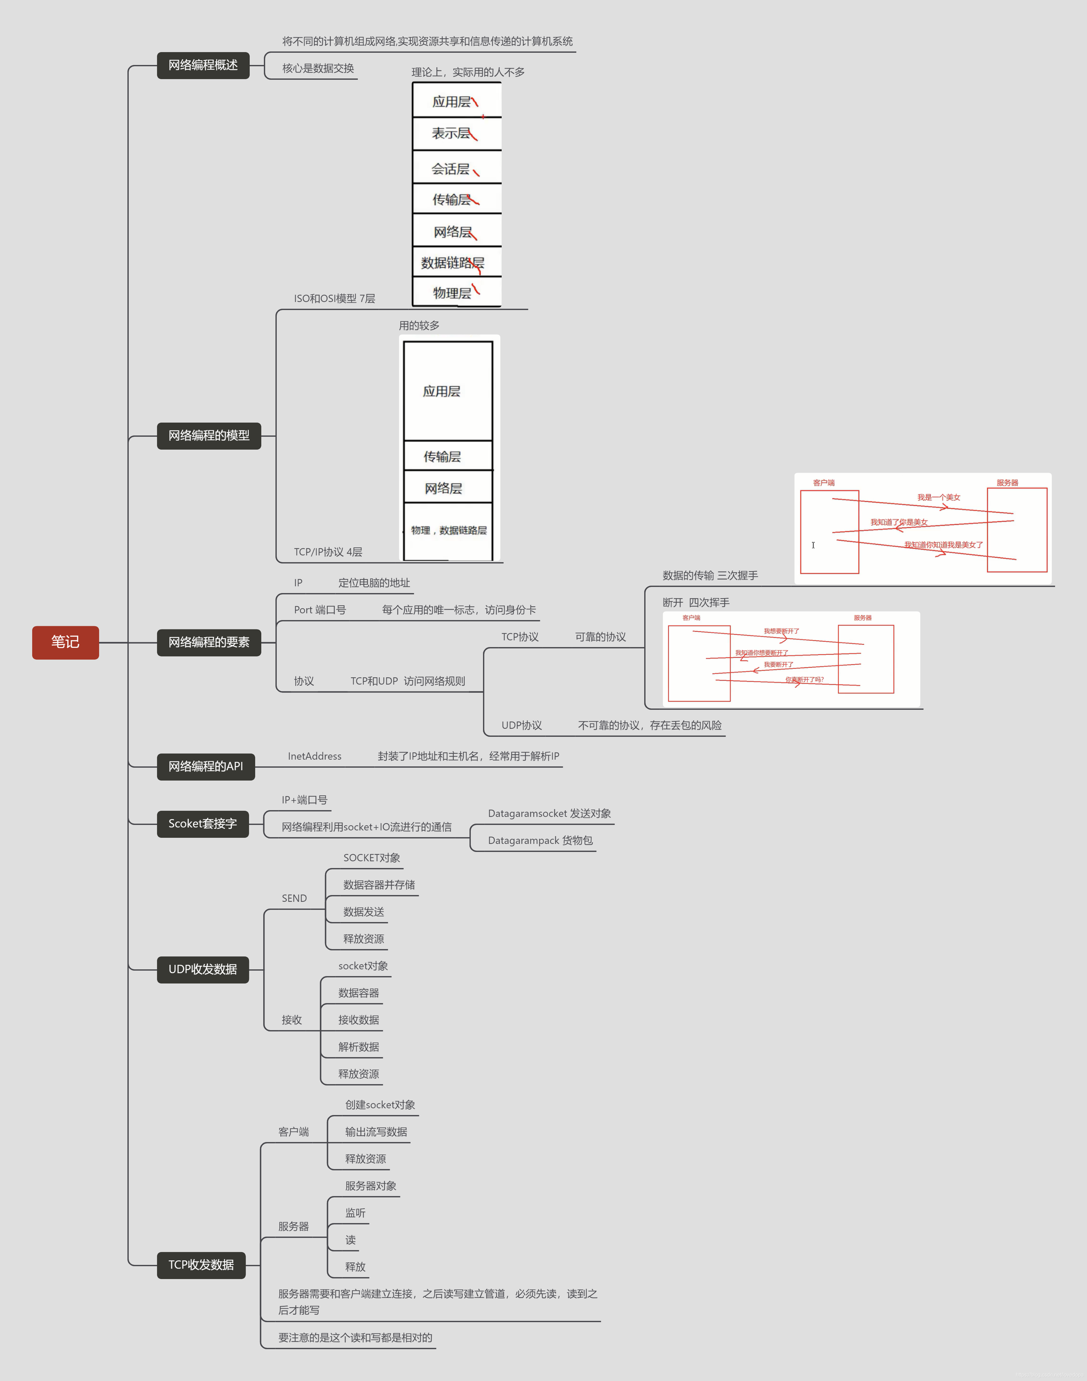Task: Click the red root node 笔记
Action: [x=66, y=643]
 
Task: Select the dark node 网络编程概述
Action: [x=203, y=66]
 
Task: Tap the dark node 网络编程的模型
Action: [x=209, y=436]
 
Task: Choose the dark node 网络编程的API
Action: [x=206, y=766]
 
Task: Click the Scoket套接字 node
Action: [x=202, y=824]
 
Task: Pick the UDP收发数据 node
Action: [x=202, y=969]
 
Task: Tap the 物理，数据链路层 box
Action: [x=449, y=531]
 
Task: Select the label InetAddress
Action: [x=314, y=756]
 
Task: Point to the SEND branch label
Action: [x=294, y=898]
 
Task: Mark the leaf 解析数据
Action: [x=358, y=1047]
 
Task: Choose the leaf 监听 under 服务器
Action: [x=355, y=1213]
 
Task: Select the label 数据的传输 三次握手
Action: [x=710, y=576]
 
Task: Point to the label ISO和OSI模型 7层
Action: [x=334, y=298]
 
